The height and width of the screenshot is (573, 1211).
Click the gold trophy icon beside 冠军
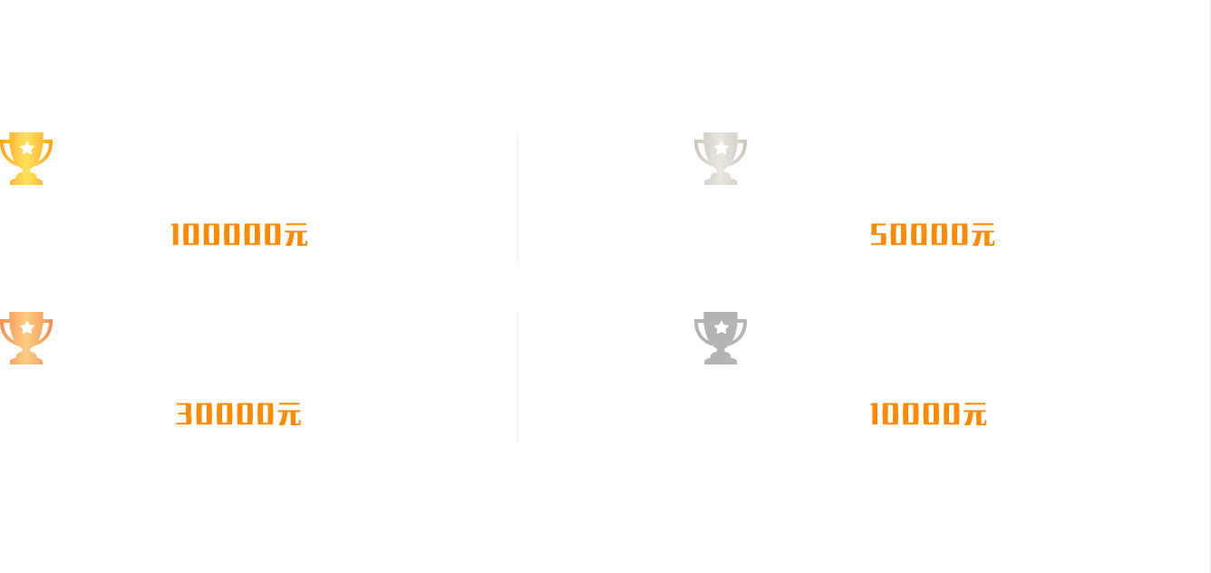point(26,158)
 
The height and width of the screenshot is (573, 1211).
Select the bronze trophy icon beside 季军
point(26,337)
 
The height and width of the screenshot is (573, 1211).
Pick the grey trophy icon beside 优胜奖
point(721,337)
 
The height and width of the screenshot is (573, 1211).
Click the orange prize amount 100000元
point(239,235)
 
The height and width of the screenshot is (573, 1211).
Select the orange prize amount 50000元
point(933,235)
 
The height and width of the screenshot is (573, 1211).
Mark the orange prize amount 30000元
point(238,414)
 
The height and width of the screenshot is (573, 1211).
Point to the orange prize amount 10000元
point(928,414)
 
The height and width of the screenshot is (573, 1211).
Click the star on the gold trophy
point(27,147)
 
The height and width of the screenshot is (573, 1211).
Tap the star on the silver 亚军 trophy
point(721,147)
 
